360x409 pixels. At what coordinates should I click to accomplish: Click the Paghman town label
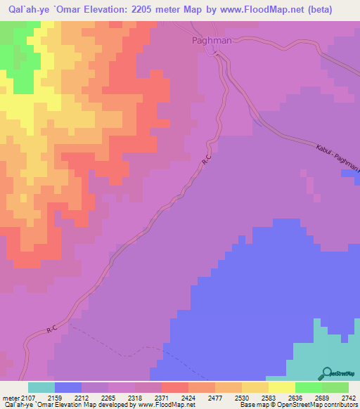[212, 41]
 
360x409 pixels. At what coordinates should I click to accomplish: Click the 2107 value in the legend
[28, 397]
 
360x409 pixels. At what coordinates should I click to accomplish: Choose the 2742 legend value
[347, 397]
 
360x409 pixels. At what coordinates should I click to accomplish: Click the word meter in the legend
[9, 397]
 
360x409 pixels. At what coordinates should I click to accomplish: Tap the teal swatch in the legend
[41, 387]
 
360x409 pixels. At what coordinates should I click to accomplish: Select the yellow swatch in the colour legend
[281, 387]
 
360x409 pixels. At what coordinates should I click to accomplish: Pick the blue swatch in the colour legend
[68, 387]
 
